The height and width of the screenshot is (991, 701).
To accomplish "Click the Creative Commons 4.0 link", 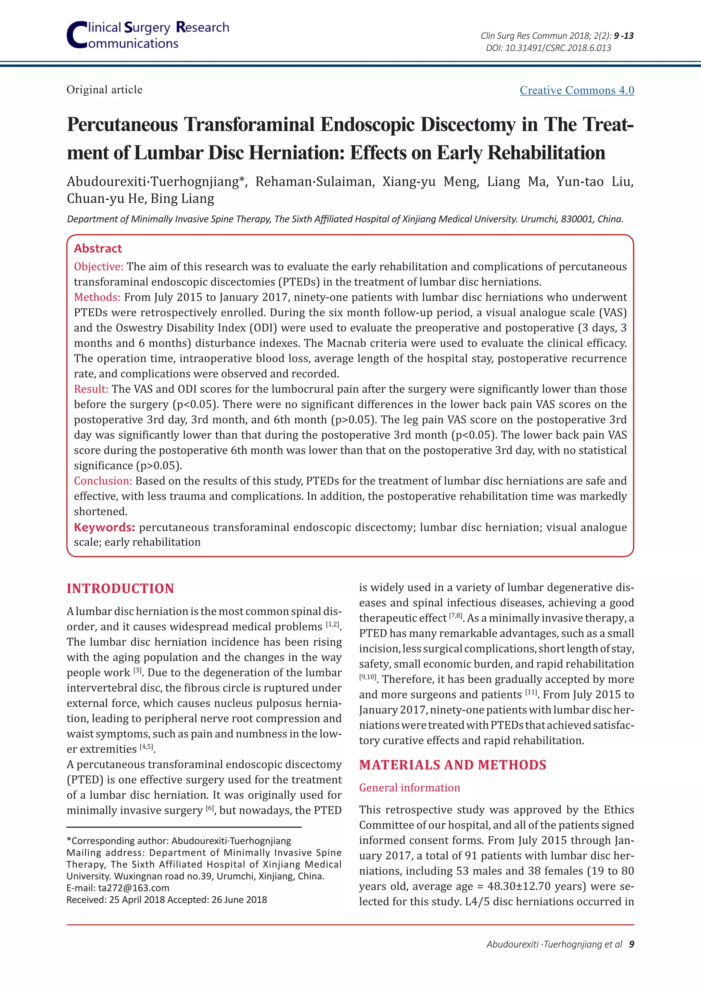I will tap(576, 90).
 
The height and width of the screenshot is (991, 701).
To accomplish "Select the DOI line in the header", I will tap(548, 48).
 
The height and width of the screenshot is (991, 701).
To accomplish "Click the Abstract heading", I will tap(98, 249).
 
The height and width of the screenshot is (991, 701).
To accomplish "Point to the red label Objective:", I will tap(99, 267).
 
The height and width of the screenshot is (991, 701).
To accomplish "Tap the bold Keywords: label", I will tap(104, 527).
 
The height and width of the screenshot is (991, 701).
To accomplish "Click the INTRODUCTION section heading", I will tap(120, 589).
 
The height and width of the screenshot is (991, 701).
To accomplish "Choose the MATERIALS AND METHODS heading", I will tap(453, 765).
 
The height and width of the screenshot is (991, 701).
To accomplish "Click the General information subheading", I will tap(410, 788).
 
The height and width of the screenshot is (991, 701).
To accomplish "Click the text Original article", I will tap(104, 90).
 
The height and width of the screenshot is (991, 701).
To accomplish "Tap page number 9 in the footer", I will tap(632, 944).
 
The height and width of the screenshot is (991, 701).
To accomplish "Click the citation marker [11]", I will tap(531, 692).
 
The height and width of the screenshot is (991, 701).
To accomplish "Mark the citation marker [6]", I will tap(210, 808).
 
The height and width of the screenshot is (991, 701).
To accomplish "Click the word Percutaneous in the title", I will tap(123, 125).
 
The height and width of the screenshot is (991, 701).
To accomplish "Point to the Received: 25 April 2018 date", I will tap(115, 900).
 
